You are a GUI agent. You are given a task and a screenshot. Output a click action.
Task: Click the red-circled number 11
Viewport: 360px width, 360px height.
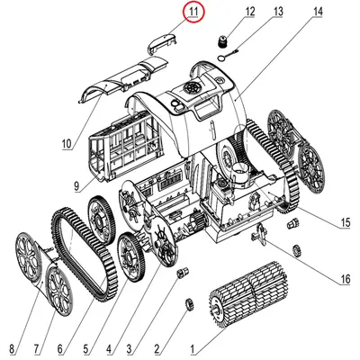[x=193, y=12]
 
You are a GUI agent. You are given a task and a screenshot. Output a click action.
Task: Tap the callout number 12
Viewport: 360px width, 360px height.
[x=249, y=12]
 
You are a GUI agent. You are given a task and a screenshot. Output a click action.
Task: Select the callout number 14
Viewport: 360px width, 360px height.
[x=318, y=12]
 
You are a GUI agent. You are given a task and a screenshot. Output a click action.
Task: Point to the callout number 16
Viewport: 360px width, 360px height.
[x=346, y=279]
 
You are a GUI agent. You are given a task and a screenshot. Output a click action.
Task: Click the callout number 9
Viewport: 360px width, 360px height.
[x=76, y=186]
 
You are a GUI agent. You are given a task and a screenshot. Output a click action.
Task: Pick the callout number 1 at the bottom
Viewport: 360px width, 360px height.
[x=193, y=349]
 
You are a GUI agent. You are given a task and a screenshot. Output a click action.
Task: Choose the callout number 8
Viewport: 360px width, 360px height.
[x=12, y=349]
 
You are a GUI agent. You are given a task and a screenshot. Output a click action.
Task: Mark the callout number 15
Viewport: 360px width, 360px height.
[x=346, y=222]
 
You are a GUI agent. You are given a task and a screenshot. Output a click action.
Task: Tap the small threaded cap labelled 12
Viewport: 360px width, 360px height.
[x=223, y=41]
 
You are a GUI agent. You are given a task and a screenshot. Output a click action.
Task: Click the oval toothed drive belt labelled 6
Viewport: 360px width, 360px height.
[x=85, y=254]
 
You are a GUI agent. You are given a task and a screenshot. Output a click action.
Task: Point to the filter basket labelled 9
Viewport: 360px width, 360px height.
[x=122, y=148]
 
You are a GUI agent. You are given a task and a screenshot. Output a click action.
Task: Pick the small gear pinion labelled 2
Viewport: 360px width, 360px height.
[x=190, y=305]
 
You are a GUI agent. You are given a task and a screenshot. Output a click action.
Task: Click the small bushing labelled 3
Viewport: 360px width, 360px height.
[x=184, y=272]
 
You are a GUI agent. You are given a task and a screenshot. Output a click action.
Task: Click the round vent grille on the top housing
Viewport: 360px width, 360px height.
[x=193, y=88]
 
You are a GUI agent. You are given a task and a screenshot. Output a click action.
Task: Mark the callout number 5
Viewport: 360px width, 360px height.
[x=85, y=349]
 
